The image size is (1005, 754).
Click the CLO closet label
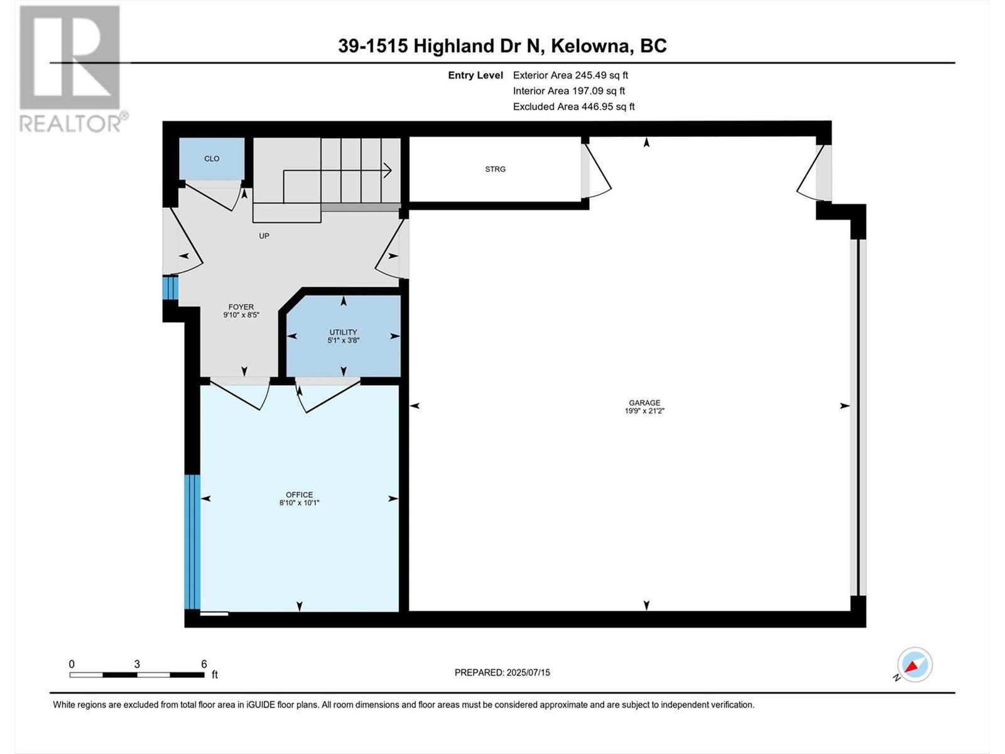212,159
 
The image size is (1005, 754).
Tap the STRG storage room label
495,169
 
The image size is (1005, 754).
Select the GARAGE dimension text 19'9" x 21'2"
644,411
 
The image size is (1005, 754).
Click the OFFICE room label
299,494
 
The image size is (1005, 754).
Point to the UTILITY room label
343,332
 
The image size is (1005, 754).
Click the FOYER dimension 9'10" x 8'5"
241,315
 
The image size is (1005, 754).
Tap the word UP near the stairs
264,236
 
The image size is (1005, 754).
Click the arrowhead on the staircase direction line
388,170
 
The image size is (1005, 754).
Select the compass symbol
915,665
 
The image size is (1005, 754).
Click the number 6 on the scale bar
204,664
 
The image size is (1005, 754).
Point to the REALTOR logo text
73,123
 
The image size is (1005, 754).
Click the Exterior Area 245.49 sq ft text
570,75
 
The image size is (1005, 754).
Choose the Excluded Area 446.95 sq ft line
573,107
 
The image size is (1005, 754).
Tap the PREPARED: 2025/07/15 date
502,672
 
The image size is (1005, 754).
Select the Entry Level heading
475,75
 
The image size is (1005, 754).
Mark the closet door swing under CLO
214,195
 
